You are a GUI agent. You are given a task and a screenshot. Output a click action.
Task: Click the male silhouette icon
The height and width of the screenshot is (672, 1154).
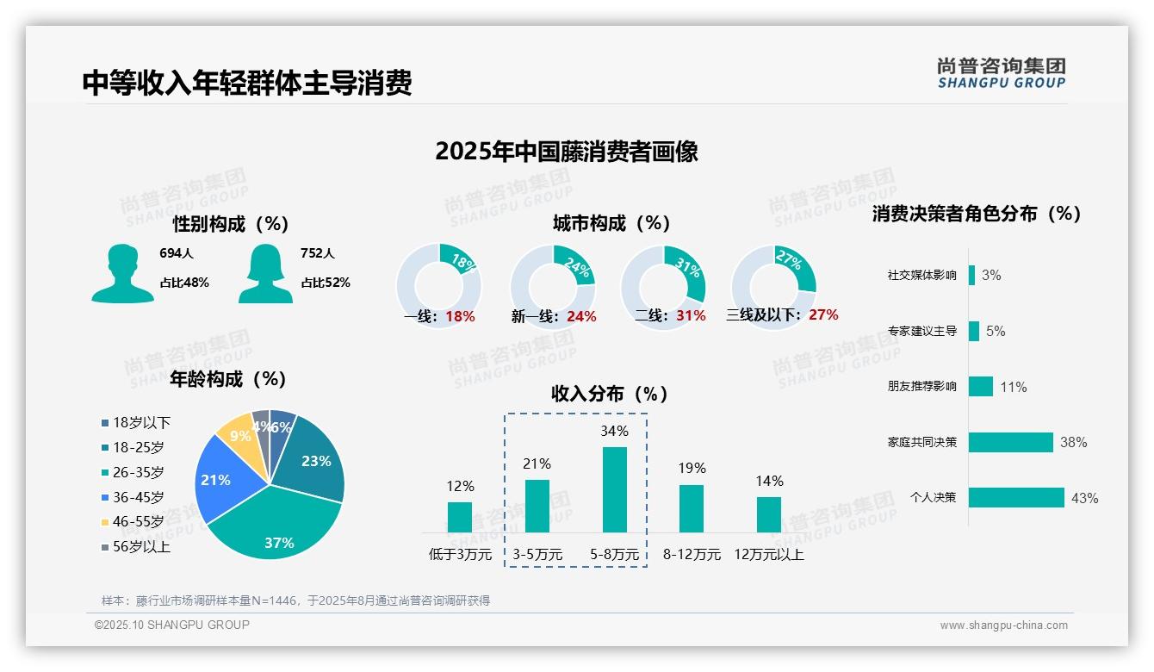[122, 273]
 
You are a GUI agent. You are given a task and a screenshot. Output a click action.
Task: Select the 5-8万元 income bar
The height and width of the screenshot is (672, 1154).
[614, 489]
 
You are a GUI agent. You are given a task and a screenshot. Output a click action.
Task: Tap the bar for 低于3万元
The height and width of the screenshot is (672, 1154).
[460, 517]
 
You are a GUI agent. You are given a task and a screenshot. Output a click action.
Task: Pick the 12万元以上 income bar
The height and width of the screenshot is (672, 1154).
[769, 514]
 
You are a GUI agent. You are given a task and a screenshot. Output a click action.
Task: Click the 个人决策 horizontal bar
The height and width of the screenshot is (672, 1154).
[1016, 497]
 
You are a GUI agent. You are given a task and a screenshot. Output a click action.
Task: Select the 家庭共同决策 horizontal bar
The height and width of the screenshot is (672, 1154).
[1011, 442]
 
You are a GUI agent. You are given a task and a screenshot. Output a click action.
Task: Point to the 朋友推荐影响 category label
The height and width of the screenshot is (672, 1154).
[921, 387]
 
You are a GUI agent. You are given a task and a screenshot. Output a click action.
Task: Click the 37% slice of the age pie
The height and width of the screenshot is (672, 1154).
[276, 526]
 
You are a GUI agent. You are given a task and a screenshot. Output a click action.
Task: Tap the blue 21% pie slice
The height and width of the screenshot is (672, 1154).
[220, 478]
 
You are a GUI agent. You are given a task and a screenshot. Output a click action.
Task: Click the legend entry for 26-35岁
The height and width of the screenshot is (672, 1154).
[138, 472]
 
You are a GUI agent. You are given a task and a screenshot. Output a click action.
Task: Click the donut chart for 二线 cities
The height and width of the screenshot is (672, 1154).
[663, 275]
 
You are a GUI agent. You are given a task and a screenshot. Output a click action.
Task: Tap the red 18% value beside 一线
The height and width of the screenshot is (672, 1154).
[460, 316]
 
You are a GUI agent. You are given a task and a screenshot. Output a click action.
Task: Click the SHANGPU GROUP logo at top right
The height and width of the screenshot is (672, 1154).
[1001, 73]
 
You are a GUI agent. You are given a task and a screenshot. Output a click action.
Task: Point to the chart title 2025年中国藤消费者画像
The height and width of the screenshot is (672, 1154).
[567, 152]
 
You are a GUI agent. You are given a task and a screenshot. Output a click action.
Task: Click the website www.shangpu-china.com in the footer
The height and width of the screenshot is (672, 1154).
[1003, 625]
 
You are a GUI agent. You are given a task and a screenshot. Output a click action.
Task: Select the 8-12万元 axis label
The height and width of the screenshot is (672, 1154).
[692, 555]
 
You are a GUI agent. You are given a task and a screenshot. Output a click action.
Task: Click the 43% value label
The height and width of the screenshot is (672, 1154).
[1084, 498]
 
